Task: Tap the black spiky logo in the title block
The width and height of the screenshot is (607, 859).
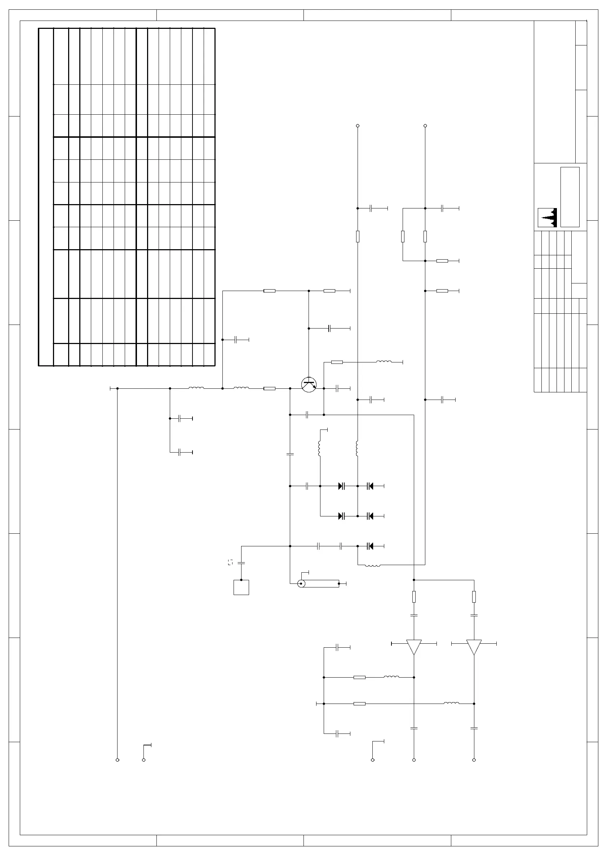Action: point(548,217)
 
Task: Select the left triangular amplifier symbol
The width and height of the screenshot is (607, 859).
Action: point(414,647)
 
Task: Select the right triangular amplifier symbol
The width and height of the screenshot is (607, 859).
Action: point(474,647)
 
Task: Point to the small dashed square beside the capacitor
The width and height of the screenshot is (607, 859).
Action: point(230,562)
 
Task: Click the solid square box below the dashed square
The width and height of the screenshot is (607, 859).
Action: point(241,587)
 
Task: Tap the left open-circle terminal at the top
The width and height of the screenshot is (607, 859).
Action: point(358,126)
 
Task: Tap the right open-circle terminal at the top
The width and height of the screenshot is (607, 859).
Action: point(425,126)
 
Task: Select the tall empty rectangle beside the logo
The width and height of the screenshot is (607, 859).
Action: point(570,197)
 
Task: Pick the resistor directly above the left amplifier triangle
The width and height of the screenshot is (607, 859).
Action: point(414,597)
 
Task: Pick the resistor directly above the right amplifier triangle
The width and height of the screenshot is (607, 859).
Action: point(474,597)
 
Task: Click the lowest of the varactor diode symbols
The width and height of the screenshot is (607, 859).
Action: point(370,546)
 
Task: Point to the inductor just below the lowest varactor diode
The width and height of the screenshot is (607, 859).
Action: point(372,565)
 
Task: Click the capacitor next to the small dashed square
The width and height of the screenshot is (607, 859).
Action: point(241,563)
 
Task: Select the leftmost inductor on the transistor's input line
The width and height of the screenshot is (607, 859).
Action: point(196,388)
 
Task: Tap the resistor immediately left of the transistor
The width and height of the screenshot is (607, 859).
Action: point(269,388)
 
